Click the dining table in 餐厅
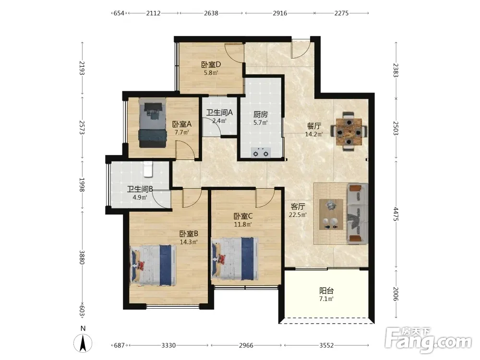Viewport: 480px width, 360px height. coord(348,132)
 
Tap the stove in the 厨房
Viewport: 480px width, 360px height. coord(261,152)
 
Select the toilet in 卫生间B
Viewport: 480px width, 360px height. coord(148,169)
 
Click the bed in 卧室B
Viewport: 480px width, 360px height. coord(153,265)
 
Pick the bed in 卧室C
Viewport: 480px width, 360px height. coord(235,259)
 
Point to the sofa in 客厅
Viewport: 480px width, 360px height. coord(358,214)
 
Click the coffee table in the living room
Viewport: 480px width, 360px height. coord(331,214)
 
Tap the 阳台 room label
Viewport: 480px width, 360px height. coord(326,290)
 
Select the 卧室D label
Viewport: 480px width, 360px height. coord(211,65)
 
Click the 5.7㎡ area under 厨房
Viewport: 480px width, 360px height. coord(261,123)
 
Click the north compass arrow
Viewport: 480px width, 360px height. coord(83,343)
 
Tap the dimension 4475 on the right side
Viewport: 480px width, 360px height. coord(396,214)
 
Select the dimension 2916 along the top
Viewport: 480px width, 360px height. coord(280,13)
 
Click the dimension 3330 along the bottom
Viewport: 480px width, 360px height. coord(168,345)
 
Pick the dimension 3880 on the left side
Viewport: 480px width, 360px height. coord(82,257)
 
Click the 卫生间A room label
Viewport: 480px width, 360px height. coord(219,113)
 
